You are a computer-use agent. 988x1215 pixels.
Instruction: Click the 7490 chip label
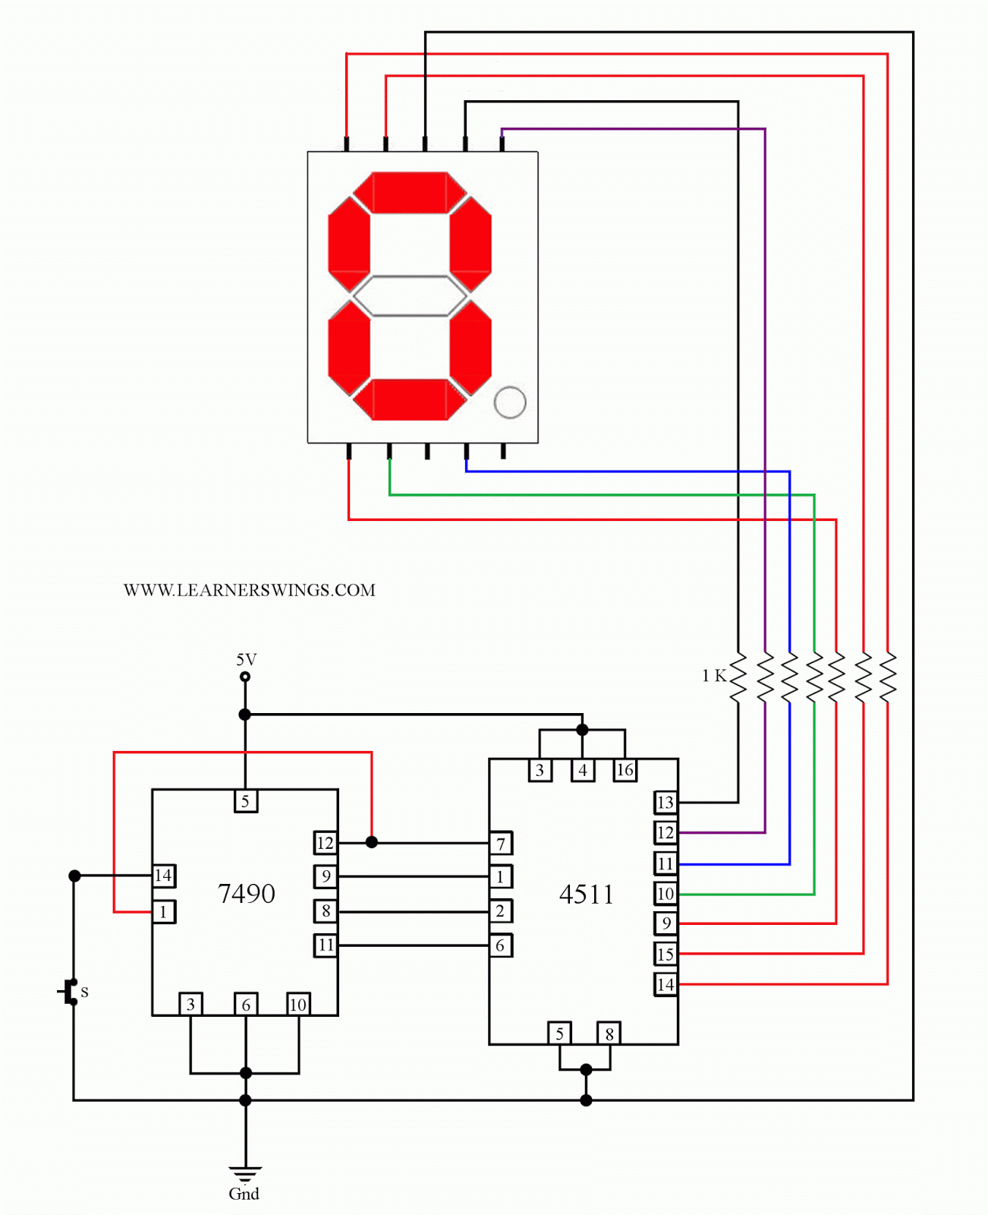coord(246,894)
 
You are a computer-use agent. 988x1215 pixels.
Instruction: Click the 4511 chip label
coord(586,895)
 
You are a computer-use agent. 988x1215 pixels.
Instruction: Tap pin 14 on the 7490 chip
coord(163,876)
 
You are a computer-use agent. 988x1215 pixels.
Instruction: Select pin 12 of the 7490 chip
coord(326,843)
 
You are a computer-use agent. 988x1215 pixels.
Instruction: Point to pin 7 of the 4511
coord(501,843)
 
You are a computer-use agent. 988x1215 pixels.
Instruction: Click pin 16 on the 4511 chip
coord(625,770)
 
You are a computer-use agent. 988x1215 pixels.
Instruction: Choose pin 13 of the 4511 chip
coord(665,803)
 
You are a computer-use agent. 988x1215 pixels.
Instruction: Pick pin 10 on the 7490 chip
coord(298,1005)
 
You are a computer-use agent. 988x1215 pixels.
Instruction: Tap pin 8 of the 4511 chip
coord(609,1034)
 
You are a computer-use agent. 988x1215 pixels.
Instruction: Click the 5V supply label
coord(246,660)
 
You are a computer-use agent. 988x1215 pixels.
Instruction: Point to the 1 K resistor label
coord(713,676)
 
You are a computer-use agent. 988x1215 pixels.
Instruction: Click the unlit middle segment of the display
coord(410,296)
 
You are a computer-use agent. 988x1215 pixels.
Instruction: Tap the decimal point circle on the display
coord(510,402)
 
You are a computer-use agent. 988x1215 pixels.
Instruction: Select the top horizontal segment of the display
coord(410,192)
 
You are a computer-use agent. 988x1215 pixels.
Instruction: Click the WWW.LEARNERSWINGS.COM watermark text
coord(249,590)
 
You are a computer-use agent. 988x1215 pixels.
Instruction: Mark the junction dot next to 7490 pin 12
coord(372,842)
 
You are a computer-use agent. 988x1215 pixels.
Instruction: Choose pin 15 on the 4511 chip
coord(665,954)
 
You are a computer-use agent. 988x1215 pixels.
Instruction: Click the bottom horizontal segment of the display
coord(410,399)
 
